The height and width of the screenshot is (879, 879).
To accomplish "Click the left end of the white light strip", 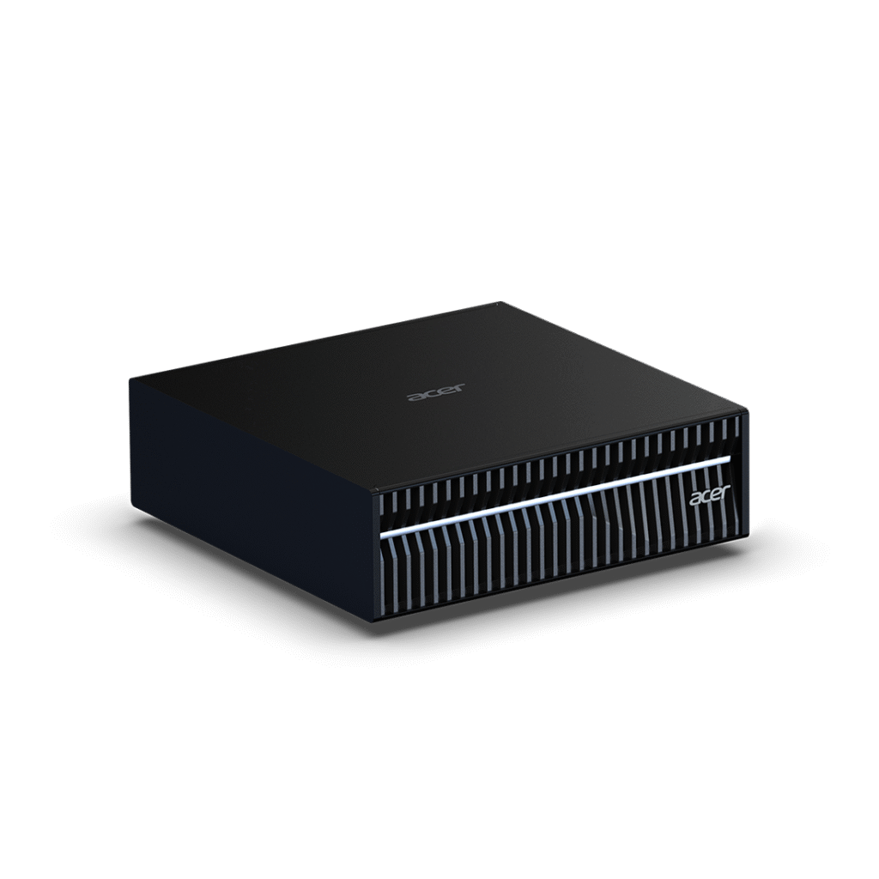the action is point(381,536).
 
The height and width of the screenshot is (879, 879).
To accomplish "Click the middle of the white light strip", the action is point(555,497).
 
